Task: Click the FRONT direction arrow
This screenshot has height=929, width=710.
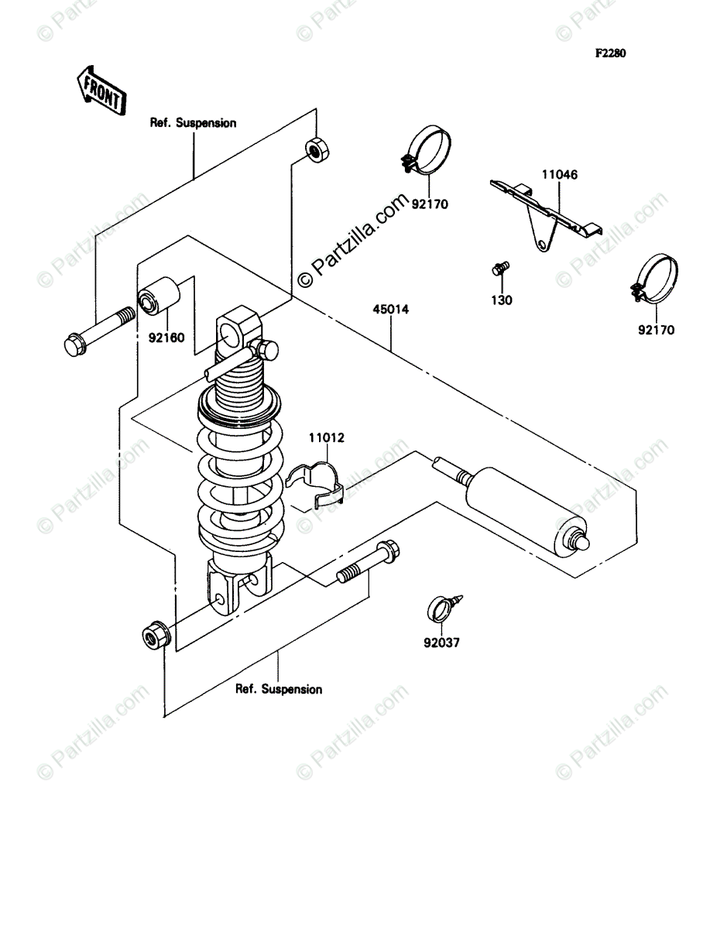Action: pos(101,90)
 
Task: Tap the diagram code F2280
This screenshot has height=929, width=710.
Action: pos(610,53)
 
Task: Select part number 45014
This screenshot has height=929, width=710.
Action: pos(390,310)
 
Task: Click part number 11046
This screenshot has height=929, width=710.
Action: pos(560,174)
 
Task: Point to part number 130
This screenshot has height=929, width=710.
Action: pos(502,300)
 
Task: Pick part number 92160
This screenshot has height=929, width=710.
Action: pos(166,338)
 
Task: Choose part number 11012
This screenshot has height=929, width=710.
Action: pos(326,437)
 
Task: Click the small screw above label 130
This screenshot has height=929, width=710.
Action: pos(500,269)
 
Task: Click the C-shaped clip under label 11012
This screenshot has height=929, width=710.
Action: pos(316,485)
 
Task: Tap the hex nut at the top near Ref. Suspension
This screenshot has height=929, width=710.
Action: pos(317,149)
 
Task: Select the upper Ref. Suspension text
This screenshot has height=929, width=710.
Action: pos(193,123)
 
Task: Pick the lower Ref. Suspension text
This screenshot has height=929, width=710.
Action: pos(279,690)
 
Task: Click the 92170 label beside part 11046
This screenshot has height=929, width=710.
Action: pos(430,204)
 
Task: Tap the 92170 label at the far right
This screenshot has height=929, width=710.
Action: pos(657,330)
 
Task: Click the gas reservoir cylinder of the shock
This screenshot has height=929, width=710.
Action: pos(526,511)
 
